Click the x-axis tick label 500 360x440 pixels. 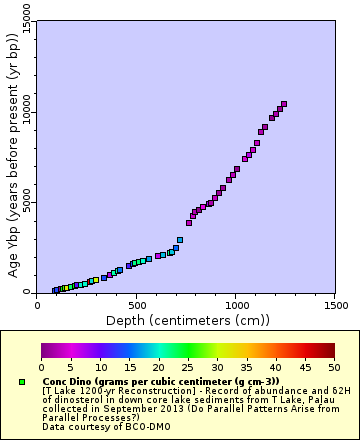click(x=137, y=303)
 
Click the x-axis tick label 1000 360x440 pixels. click(x=236, y=303)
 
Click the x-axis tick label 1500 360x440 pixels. click(x=335, y=303)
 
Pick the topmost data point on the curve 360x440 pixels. click(x=284, y=104)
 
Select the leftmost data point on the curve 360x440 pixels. click(x=55, y=291)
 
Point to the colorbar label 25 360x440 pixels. click(x=188, y=367)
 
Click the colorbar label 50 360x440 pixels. click(x=334, y=367)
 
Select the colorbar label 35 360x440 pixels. click(x=246, y=367)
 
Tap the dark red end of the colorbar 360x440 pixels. click(x=331, y=350)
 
